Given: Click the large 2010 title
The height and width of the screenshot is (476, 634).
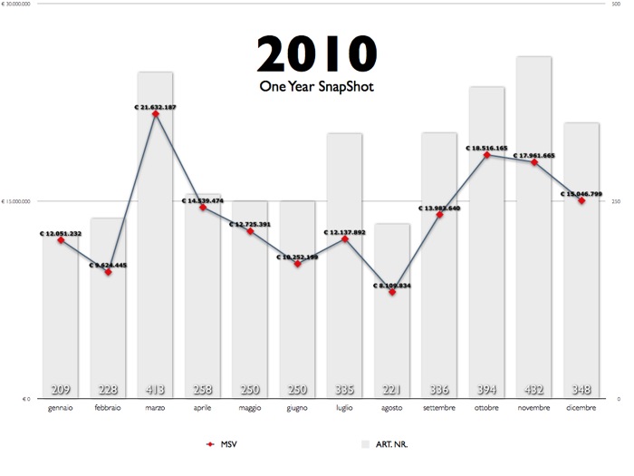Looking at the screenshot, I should point(316,54).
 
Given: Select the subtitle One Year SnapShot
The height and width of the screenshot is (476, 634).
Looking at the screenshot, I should point(316,87).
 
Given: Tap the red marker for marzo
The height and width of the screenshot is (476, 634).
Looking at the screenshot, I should point(156,114).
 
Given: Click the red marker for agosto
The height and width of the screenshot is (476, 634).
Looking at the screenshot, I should point(392,292).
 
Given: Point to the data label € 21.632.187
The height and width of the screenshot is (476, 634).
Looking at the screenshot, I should point(155,107).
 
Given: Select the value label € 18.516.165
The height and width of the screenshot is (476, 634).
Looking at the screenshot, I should point(486,148).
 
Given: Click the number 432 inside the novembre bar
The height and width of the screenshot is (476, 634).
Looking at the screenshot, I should point(534,390).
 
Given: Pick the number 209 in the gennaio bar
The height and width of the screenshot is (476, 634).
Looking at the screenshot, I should point(61,390).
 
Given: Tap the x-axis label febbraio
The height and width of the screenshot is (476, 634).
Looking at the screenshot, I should point(109,409).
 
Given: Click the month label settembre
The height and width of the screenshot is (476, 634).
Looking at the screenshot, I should point(439,409).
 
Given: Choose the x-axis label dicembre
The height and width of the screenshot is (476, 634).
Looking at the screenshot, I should point(581,409).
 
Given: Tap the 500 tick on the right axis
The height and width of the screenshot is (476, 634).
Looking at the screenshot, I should point(617,5).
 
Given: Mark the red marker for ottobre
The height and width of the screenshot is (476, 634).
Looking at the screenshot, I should point(487,155).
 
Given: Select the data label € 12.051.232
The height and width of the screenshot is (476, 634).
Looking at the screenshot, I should point(61,233).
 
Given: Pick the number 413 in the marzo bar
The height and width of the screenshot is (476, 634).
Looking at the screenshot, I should point(156,390).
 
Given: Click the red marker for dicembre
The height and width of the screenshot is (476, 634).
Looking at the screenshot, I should point(581,200).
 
